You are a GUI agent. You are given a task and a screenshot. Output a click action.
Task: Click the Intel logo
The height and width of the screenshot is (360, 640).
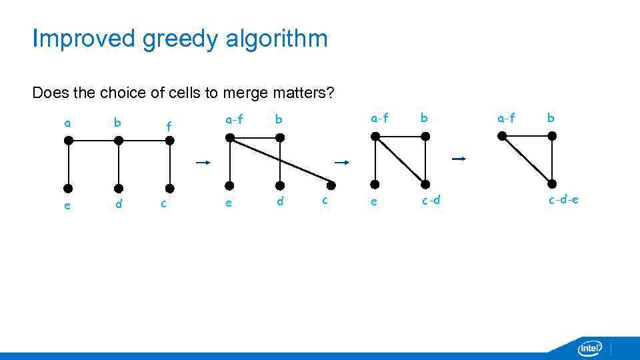[x=589, y=347]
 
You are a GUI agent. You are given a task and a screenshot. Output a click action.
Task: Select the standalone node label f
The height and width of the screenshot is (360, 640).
[x=169, y=125]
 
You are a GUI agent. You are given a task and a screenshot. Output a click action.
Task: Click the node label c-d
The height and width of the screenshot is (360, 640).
[x=431, y=200]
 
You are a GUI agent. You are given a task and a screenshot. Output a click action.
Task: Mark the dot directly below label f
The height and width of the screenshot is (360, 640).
[x=169, y=141]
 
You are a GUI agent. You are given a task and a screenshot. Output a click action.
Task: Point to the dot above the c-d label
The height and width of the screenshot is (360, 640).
[x=425, y=183]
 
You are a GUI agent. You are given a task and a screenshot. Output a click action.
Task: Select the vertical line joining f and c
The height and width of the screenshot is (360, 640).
[x=169, y=164]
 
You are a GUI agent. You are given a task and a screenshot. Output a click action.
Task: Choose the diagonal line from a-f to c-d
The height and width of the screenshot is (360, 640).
[x=400, y=160]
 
